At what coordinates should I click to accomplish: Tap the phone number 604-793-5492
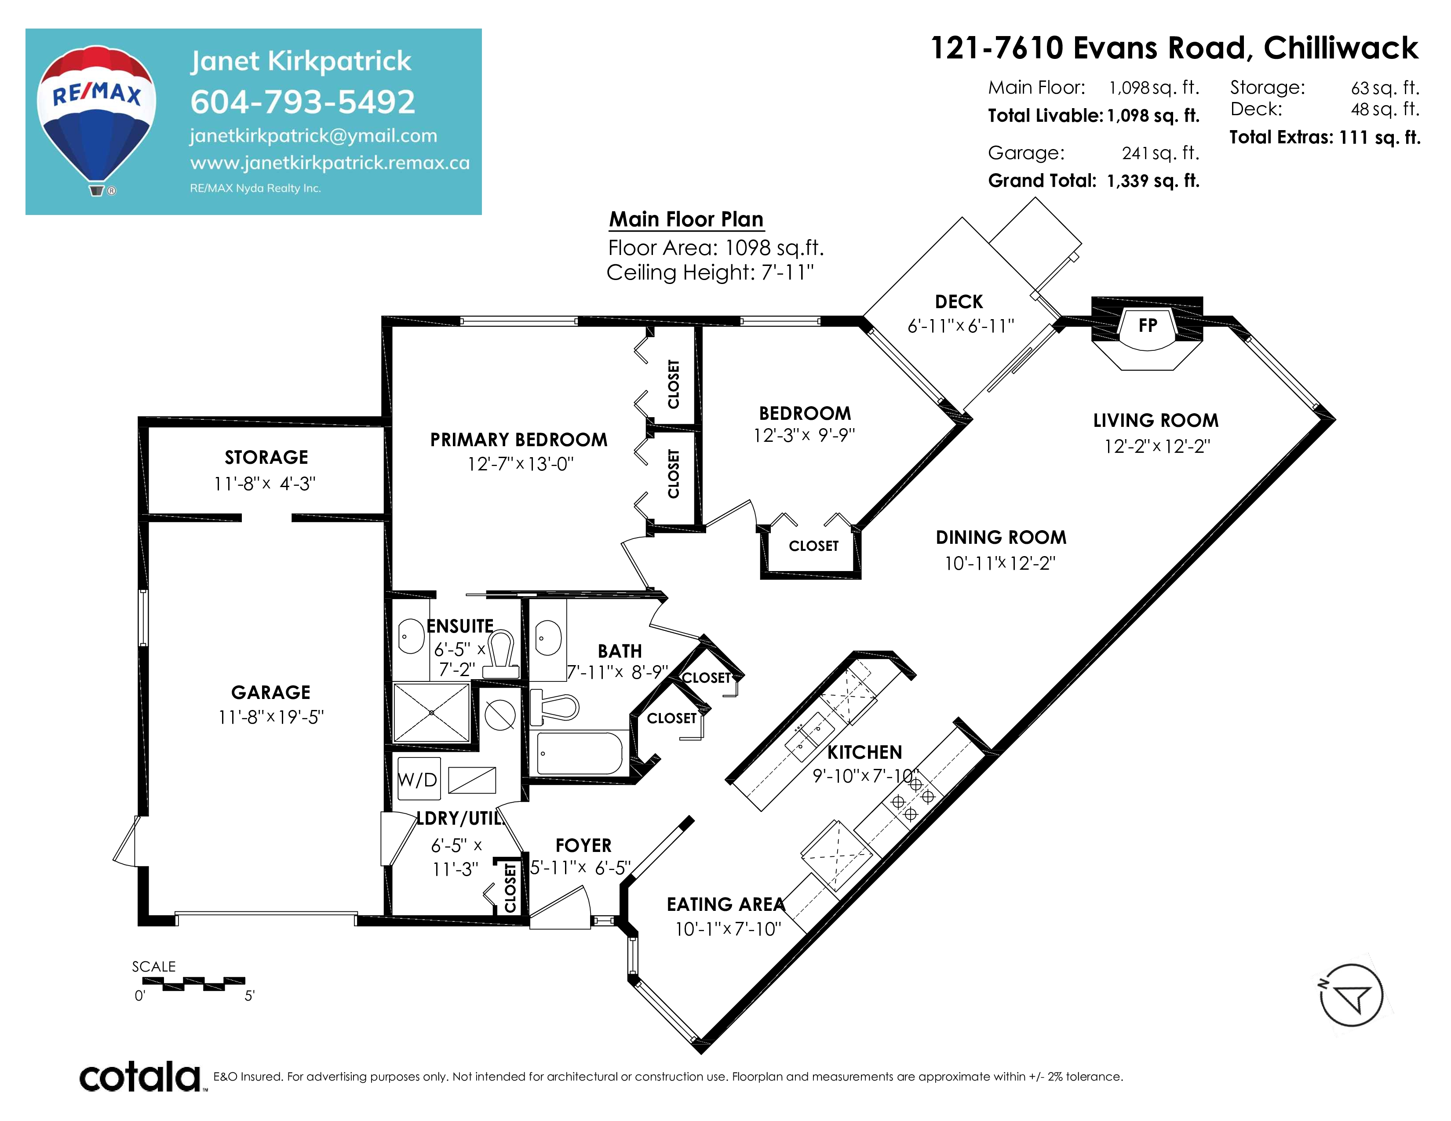pyautogui.click(x=303, y=102)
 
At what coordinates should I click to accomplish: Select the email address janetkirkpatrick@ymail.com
pyautogui.click(x=314, y=136)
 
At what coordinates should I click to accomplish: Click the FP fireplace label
pyautogui.click(x=1147, y=325)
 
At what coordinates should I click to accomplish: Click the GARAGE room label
pyautogui.click(x=270, y=693)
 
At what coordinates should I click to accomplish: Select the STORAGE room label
pyautogui.click(x=266, y=458)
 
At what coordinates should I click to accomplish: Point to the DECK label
pyautogui.click(x=959, y=302)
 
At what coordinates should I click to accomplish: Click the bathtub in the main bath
pyautogui.click(x=580, y=753)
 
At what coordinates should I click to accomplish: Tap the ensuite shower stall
pyautogui.click(x=432, y=713)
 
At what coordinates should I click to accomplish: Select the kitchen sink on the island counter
pyautogui.click(x=810, y=736)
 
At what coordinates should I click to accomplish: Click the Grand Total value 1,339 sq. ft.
pyautogui.click(x=1153, y=181)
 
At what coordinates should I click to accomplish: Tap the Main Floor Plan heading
pyautogui.click(x=686, y=219)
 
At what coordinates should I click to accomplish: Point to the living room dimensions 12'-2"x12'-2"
pyautogui.click(x=1157, y=446)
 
